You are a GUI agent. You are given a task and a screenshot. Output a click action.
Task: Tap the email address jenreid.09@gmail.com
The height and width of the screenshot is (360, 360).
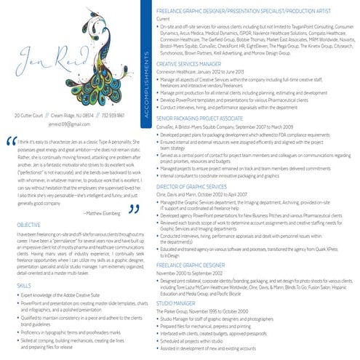coord(71,124)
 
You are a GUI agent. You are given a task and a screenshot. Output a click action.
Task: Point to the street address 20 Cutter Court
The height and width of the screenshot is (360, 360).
coord(30,116)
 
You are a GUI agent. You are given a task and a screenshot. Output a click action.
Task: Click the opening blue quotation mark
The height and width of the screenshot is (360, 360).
coord(10,143)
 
